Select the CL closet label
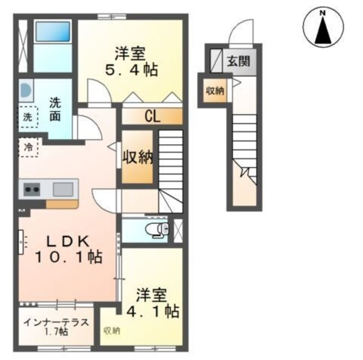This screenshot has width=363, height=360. coord(151,117)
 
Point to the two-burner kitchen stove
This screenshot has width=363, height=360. coord(31,189)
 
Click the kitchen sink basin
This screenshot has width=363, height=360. coord(63,188)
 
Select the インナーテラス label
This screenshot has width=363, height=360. coord(56,323)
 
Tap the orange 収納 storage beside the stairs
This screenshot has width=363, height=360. coord(138,158)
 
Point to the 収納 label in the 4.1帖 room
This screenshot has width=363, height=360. coord(112,331)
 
